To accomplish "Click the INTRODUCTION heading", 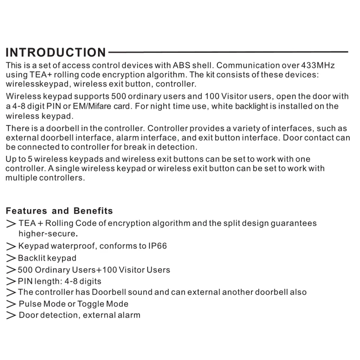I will (x=56, y=52).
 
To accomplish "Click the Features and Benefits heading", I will (x=59, y=211).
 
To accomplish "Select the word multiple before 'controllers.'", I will (x=24, y=178).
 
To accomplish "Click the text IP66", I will (x=158, y=246).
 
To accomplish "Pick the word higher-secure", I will (x=48, y=234).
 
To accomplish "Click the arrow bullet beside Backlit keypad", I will (x=11, y=258).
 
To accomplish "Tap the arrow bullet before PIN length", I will (x=11, y=282).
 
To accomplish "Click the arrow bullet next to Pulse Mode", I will (x=11, y=304).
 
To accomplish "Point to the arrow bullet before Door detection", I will (x=11, y=315).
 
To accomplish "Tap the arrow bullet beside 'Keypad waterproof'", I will (x=11, y=247).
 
